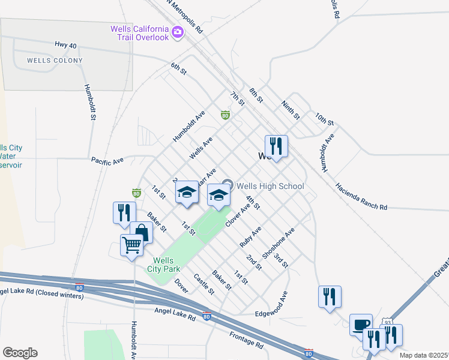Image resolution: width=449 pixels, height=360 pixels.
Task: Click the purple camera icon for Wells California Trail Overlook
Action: pos(177,32)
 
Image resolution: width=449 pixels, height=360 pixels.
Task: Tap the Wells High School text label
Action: pos(270,186)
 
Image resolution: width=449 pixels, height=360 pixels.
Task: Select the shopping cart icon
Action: pos(131,244)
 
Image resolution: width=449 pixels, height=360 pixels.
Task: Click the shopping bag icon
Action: pos(141,232)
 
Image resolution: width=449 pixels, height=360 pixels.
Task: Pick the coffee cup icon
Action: pos(361,325)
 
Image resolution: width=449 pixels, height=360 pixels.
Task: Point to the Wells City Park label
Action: pos(163,265)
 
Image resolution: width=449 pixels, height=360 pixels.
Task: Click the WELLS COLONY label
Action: pos(55,61)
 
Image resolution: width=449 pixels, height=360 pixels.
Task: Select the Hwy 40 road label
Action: pos(67,45)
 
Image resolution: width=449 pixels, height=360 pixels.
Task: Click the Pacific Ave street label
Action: pos(107,161)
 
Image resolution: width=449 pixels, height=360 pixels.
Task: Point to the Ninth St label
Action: pos(291,110)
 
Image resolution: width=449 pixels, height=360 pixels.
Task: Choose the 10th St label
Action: pos(324,118)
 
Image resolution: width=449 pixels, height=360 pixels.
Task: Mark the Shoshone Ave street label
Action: pos(283,242)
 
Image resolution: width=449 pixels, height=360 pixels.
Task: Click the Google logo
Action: pos(20,353)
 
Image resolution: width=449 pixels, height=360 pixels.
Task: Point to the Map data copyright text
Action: pos(424,355)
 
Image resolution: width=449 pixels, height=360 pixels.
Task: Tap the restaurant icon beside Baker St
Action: pos(121,212)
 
